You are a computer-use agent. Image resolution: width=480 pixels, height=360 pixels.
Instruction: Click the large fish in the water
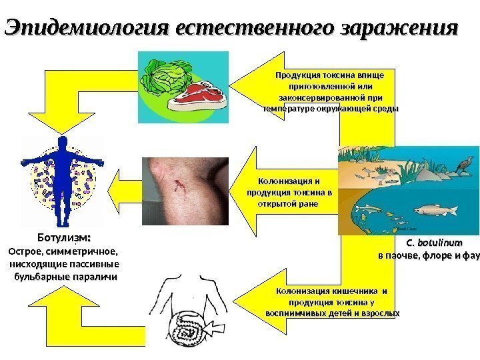click(x=433, y=210)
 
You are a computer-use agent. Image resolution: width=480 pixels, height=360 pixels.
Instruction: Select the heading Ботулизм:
click(x=63, y=238)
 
